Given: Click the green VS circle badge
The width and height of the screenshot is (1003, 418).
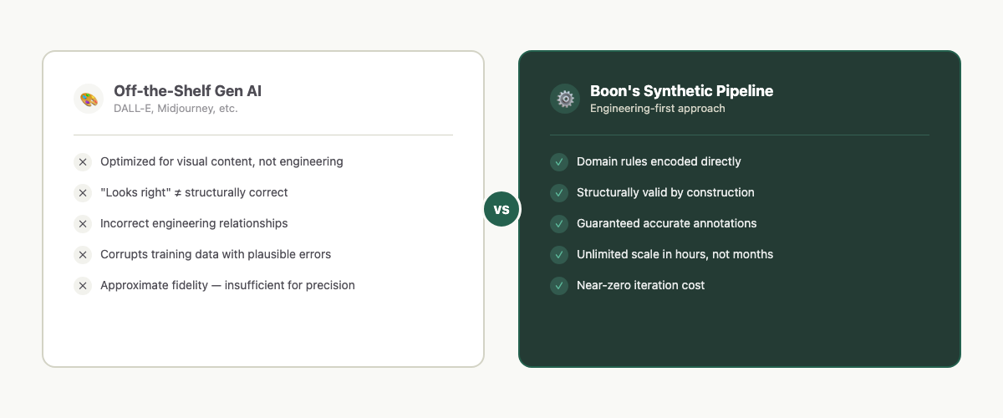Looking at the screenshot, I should tap(501, 209).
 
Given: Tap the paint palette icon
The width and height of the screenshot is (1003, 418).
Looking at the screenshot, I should tap(88, 99).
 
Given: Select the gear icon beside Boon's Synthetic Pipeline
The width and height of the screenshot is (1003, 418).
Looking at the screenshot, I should tap(565, 99).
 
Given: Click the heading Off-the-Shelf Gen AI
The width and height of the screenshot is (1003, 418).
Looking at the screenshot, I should tap(187, 91).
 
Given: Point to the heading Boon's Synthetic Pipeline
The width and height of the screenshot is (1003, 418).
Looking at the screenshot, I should tap(681, 91).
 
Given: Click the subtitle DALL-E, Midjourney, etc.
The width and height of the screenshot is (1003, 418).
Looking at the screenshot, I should tap(176, 109).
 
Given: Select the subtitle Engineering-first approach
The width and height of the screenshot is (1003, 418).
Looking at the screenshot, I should tap(657, 109).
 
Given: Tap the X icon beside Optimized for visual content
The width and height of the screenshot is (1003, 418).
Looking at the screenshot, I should tap(83, 162).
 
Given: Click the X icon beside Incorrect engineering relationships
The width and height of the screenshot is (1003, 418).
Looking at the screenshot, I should tap(83, 224).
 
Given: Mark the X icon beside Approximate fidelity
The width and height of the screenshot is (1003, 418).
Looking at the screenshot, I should tap(83, 286).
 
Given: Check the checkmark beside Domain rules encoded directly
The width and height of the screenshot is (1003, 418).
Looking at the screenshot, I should tap(559, 162).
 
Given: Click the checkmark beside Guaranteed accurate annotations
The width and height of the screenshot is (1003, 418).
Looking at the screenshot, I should tap(559, 224).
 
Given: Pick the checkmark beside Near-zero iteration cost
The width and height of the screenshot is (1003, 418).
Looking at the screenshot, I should tap(559, 286).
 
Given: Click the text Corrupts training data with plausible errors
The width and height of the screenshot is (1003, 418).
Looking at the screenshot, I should tap(216, 254).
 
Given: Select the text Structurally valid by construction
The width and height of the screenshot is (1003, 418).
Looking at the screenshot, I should tap(665, 193).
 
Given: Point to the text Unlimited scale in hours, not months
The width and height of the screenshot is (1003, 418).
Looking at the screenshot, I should tap(675, 254).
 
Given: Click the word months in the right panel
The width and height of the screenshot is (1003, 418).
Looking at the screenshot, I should tap(753, 254).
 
